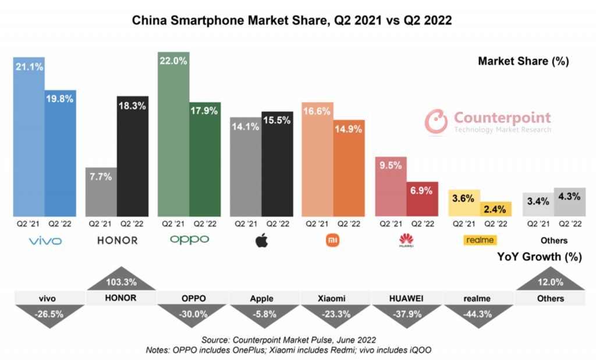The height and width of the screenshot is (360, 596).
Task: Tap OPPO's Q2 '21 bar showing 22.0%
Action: tap(173, 134)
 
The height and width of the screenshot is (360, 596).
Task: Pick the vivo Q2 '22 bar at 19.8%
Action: tap(61, 154)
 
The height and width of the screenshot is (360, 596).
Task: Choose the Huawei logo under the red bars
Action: tap(406, 240)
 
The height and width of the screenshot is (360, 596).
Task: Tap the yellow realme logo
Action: tap(479, 240)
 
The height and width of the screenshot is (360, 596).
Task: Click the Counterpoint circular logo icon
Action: tap(435, 120)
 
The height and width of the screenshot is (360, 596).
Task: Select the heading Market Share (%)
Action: tap(523, 60)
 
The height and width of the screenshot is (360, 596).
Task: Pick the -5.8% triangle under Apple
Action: tap(262, 313)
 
